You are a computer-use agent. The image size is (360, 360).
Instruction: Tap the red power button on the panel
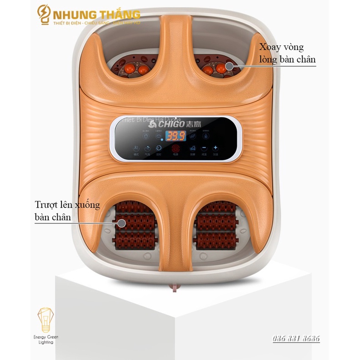pos(175,148)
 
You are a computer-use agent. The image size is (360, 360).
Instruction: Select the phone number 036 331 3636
pos(296,339)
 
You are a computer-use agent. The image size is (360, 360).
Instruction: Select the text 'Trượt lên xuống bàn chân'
pos(66,211)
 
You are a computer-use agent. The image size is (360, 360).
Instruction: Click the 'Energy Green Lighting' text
pos(45,339)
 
